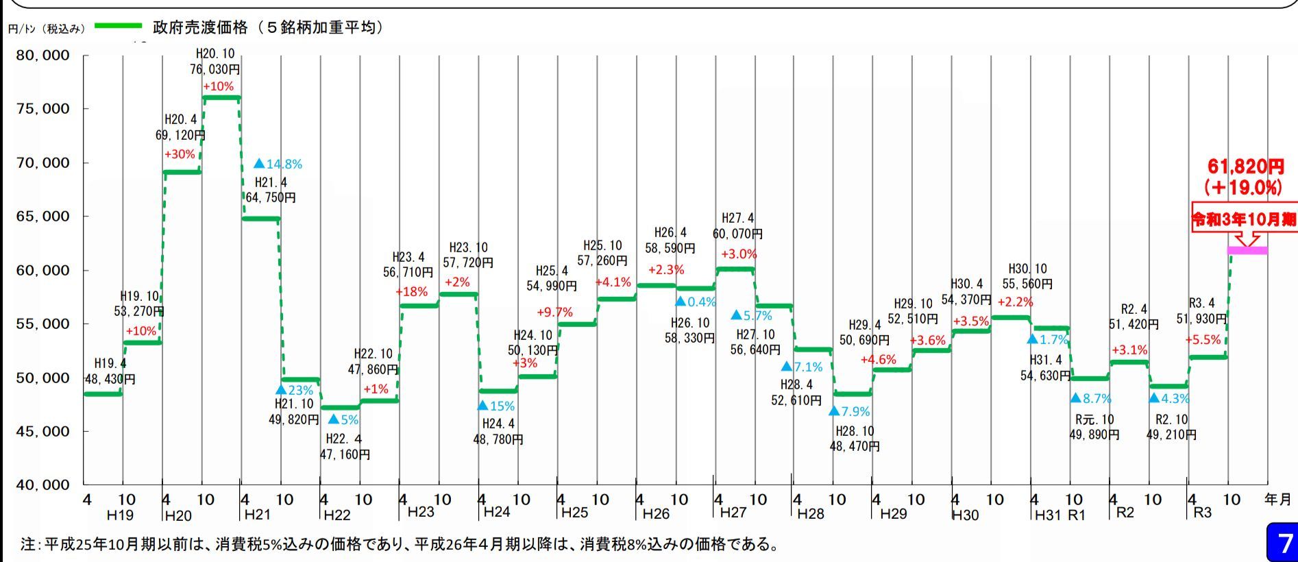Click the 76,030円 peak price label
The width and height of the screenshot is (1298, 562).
215,69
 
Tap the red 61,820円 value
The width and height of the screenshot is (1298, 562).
1245,167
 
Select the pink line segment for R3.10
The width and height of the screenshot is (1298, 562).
1247,251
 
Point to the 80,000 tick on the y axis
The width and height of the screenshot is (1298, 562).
43,56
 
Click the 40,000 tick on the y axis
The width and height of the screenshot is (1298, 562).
43,485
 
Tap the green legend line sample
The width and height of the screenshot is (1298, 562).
118,27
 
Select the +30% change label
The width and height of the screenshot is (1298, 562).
180,155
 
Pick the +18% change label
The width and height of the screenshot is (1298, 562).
411,292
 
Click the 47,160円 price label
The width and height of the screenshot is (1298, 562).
345,454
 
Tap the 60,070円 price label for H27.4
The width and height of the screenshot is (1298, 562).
737,234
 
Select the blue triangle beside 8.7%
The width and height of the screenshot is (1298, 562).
1075,398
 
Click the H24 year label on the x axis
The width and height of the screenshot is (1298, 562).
496,512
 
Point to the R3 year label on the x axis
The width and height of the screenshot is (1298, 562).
1202,513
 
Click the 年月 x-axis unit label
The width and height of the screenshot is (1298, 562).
1278,500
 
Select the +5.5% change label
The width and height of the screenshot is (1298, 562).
1203,340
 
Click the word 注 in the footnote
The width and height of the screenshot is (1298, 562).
27,545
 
